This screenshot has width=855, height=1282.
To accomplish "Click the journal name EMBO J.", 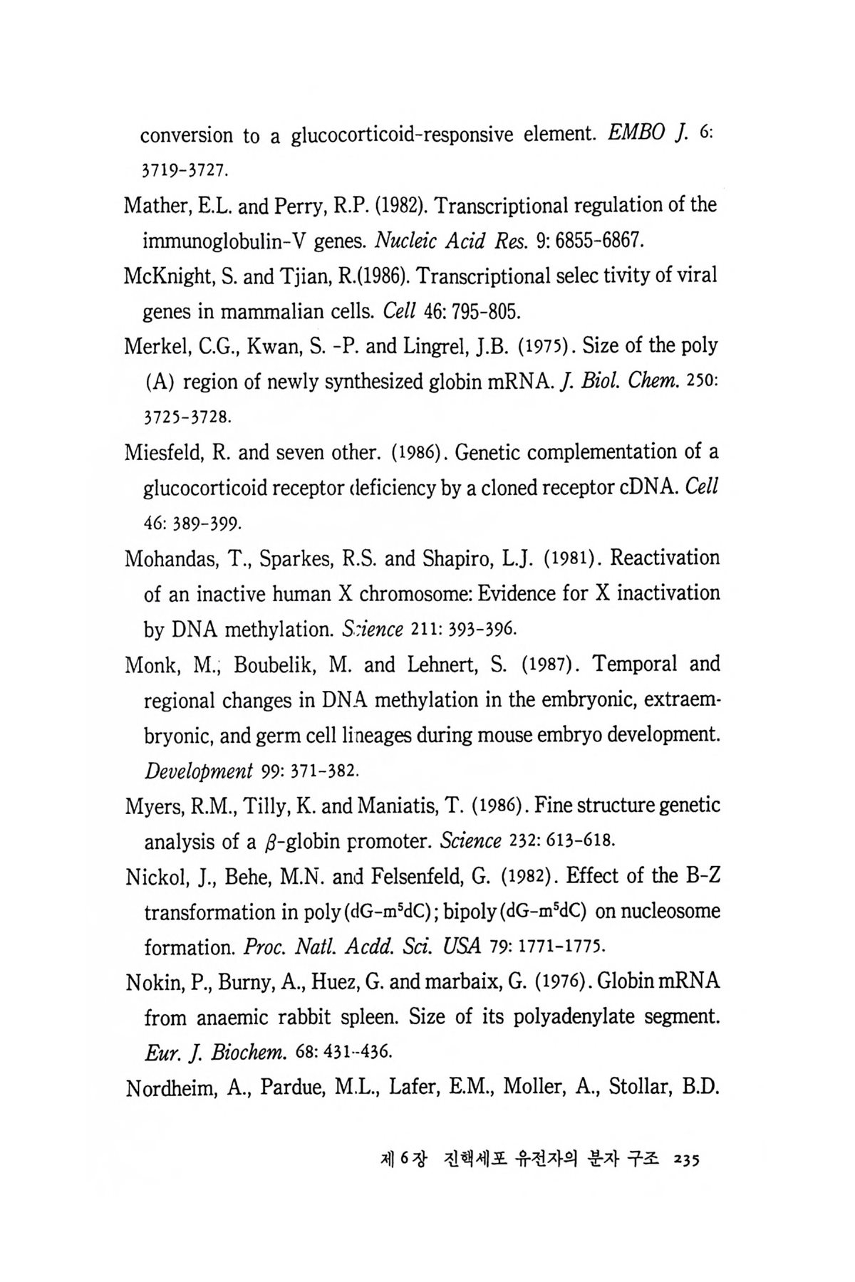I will (643, 134).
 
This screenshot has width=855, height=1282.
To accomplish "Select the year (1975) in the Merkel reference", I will (546, 346).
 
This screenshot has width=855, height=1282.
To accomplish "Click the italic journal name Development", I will (199, 771).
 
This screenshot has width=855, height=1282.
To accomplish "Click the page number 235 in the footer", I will (686, 1159).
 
